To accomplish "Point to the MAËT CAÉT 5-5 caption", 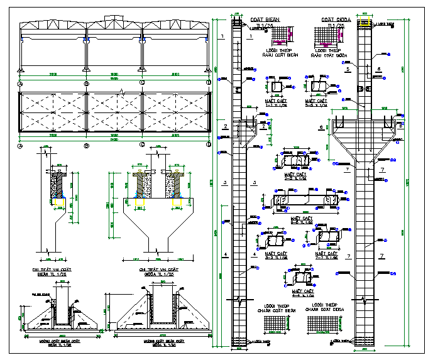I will [316, 102].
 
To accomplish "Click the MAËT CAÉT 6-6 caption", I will [302, 220].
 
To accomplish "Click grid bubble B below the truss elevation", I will [84, 82].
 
